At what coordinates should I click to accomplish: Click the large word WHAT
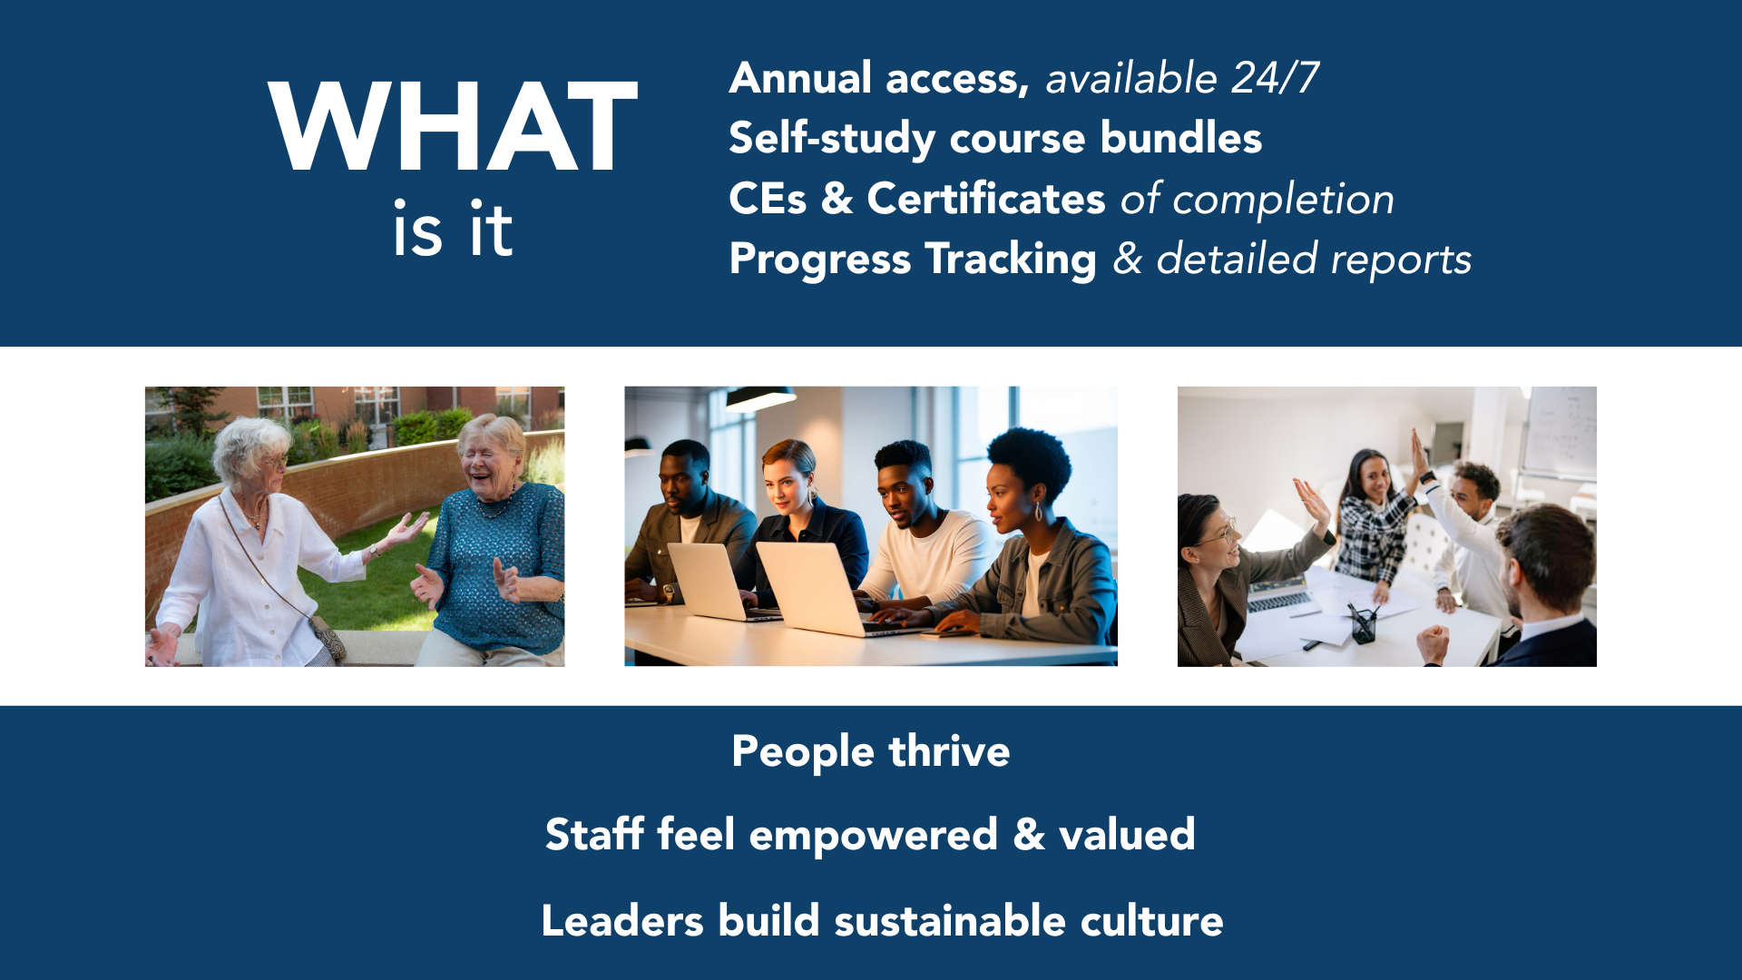click(453, 126)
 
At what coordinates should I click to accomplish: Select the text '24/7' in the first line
click(1275, 78)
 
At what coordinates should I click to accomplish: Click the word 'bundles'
click(1181, 138)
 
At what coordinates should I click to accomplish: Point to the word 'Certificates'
click(986, 199)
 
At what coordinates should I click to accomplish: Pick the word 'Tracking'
click(1011, 260)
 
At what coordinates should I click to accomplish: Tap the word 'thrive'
click(949, 751)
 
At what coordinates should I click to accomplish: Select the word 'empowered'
click(873, 836)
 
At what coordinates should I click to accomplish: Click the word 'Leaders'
click(622, 921)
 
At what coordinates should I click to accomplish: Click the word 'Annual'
click(801, 78)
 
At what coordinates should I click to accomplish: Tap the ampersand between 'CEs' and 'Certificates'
click(837, 199)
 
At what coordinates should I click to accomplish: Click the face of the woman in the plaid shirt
click(1375, 477)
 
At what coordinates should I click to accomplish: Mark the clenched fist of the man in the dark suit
click(1434, 643)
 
